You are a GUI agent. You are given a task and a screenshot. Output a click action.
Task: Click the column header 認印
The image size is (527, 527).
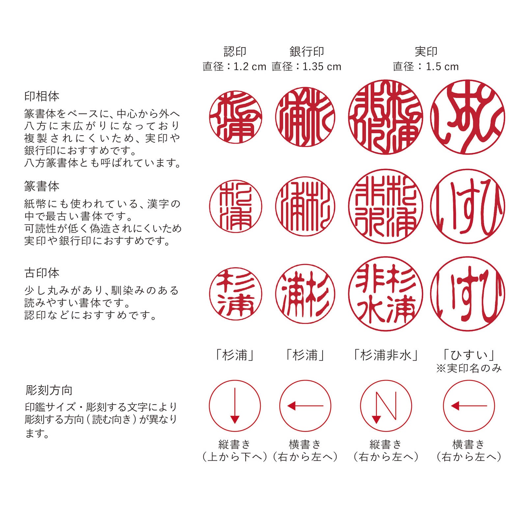point(235,52)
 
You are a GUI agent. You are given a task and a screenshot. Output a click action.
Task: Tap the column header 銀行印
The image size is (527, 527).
point(307,52)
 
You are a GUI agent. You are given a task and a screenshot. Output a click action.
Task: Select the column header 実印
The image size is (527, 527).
point(426,52)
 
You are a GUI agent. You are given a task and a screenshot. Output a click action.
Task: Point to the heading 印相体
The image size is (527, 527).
point(42,97)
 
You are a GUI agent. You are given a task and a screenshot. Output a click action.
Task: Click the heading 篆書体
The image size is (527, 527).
point(42,186)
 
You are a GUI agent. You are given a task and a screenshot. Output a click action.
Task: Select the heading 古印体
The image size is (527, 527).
point(42,273)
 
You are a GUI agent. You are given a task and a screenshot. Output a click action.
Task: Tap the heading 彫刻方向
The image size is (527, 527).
point(49,390)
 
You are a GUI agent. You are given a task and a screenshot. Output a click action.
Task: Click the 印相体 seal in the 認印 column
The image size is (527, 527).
point(236,117)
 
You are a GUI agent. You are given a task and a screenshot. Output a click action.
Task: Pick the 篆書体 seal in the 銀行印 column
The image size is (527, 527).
point(305,207)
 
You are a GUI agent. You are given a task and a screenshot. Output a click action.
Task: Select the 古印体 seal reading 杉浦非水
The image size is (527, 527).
point(385,294)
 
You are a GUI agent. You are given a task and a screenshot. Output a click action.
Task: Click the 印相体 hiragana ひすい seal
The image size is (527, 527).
point(467,117)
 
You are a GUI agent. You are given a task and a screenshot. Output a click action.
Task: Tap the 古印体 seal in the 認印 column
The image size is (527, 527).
point(236,294)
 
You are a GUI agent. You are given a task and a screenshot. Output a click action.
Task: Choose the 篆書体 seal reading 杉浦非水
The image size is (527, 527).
point(385,207)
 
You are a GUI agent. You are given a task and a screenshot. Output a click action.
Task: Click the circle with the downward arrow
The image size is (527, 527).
point(235,406)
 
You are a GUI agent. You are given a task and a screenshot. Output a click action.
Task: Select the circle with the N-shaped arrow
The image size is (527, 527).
point(386,406)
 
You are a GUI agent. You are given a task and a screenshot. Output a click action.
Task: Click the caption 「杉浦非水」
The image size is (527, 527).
point(386,355)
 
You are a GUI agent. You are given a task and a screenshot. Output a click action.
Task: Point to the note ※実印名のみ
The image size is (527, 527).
point(469,368)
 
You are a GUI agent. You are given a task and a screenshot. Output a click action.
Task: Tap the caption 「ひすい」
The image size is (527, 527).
point(469,355)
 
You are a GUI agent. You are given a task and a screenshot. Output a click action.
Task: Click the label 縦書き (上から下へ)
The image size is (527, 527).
point(235,451)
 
